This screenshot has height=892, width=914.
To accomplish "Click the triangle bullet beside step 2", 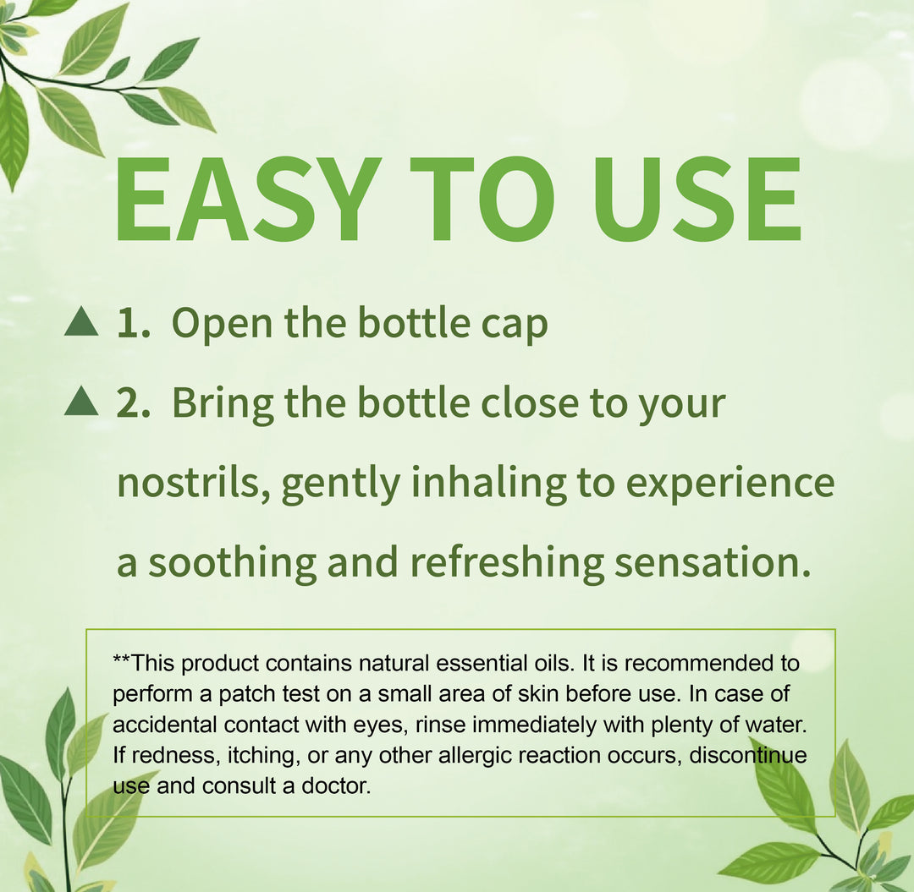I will click(81, 402).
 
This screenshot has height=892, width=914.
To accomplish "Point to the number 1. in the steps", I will click(134, 323).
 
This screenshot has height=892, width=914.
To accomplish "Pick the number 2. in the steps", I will click(134, 403).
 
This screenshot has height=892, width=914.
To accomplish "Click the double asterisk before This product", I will click(122, 660).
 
